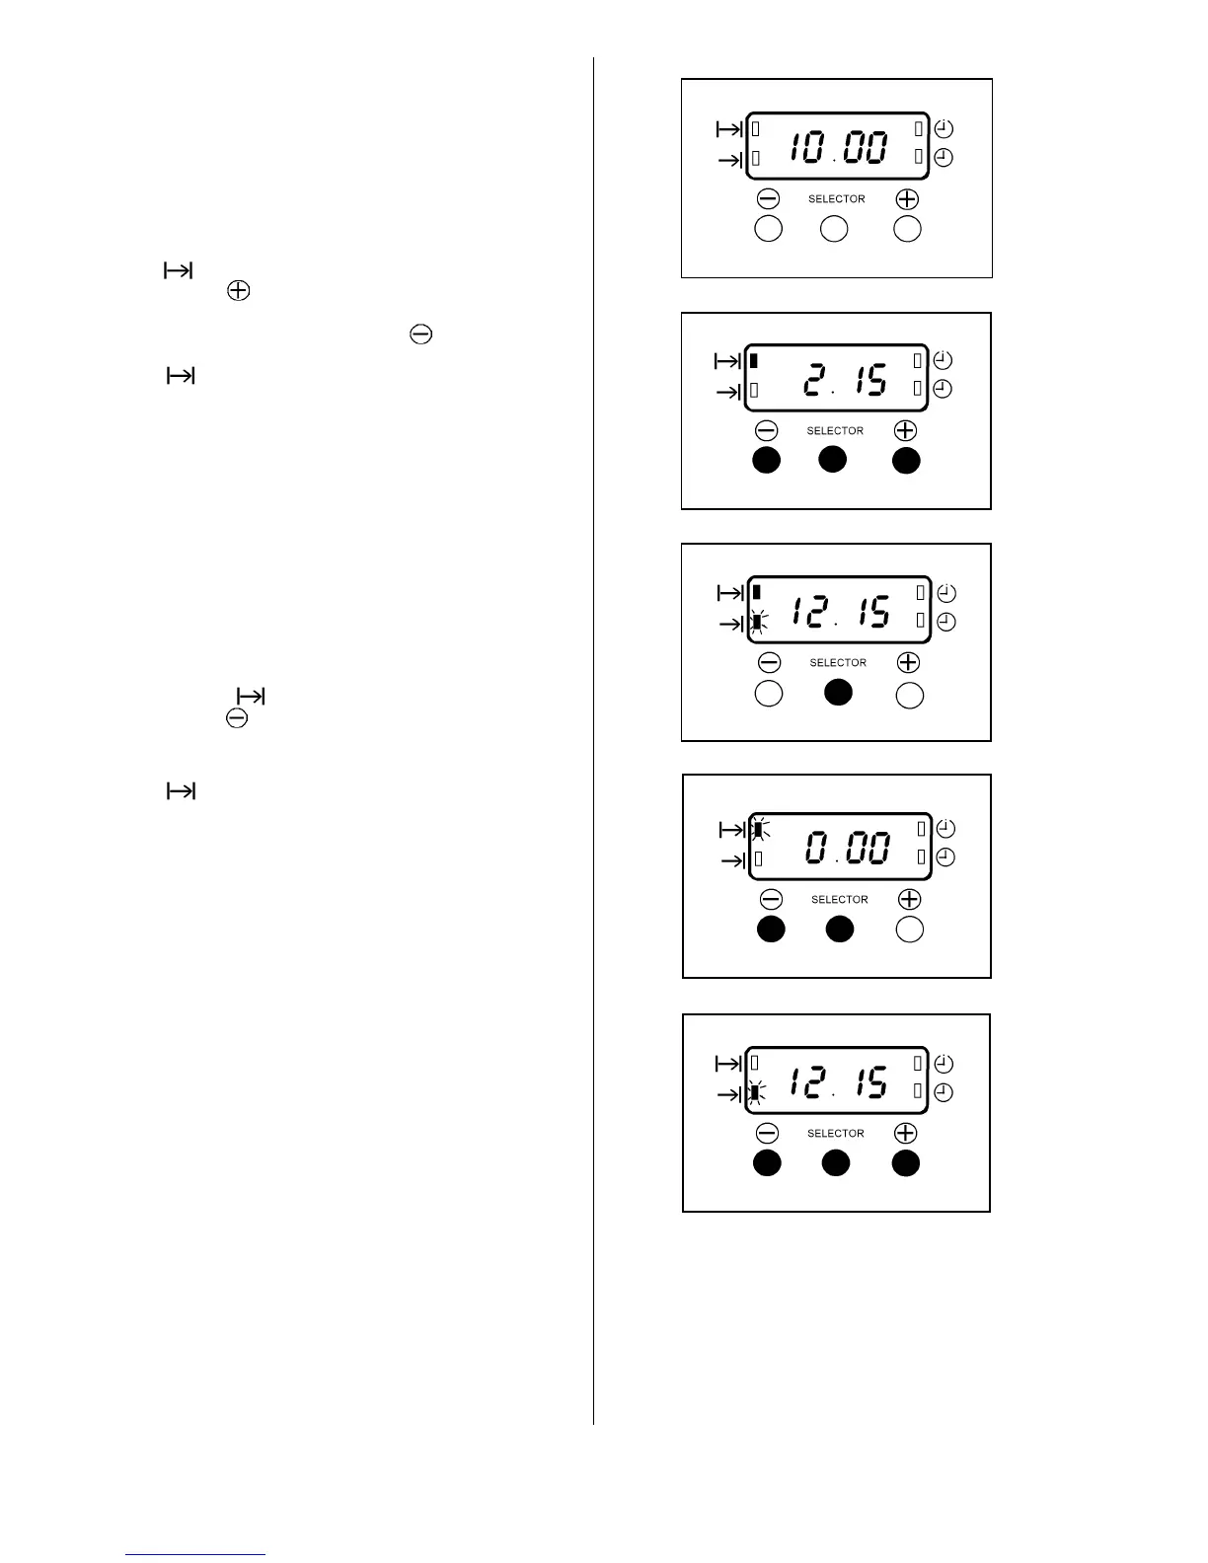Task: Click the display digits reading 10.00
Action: [x=837, y=148]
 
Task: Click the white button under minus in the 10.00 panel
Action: [x=768, y=229]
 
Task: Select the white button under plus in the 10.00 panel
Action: [x=907, y=229]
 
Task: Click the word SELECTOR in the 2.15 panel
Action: [x=835, y=431]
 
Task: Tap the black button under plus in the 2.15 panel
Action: [x=906, y=461]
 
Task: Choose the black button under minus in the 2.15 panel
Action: [x=767, y=461]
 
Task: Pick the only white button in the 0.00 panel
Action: [x=909, y=930]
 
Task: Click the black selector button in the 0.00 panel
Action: [x=839, y=930]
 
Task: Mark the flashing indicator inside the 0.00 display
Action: [x=758, y=829]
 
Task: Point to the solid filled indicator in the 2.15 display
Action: [x=754, y=360]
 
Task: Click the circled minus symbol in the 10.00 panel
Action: [x=768, y=199]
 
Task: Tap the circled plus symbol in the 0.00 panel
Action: [x=909, y=899]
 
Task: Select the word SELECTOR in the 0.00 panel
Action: [x=839, y=900]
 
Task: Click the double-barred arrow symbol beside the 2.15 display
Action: [x=727, y=362]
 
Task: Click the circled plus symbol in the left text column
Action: [x=238, y=291]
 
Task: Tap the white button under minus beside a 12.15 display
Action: [x=769, y=694]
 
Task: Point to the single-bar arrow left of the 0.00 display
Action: [x=733, y=860]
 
